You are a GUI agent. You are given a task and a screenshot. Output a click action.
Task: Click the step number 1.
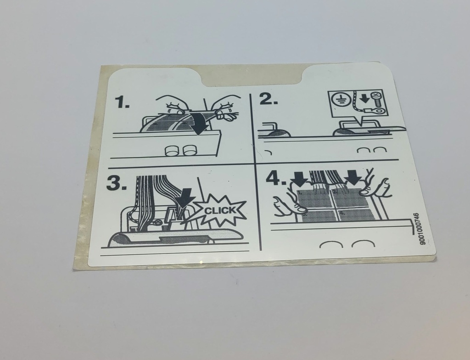coord(123,102)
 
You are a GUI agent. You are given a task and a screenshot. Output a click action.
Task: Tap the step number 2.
coord(268,99)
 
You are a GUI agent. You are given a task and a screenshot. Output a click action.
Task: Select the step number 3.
coord(117,183)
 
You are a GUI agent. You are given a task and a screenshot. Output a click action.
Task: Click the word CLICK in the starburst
coord(220,210)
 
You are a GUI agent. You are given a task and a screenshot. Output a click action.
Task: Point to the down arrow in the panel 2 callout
coord(364,98)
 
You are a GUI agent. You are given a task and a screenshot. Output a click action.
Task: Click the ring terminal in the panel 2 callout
coord(375,112)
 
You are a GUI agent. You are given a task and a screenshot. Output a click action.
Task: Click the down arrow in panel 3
coord(185,197)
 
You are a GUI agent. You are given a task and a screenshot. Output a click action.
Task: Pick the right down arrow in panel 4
coord(352,177)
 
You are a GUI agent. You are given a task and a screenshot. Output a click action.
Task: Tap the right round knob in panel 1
coord(189,150)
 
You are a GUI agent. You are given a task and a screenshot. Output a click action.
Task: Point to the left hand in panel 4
coord(288,204)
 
